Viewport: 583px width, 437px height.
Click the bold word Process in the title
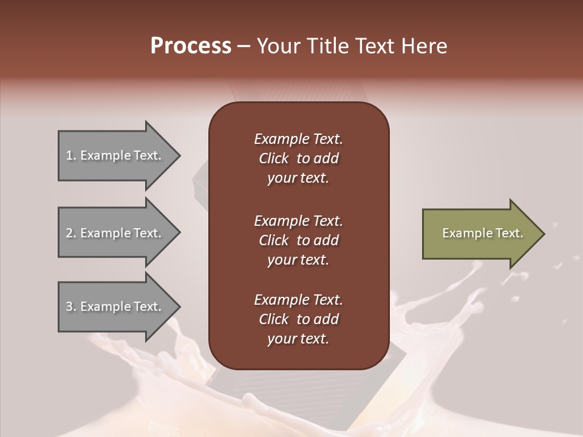[x=191, y=46]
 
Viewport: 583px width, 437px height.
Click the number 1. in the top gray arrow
[x=71, y=155]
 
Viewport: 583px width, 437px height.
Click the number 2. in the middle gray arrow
[x=71, y=233]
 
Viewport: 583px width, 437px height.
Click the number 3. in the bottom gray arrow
[x=71, y=307]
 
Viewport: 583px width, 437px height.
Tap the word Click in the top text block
[x=273, y=158]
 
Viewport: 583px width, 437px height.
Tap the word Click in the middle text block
[x=273, y=240]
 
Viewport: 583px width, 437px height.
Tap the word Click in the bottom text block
[x=273, y=319]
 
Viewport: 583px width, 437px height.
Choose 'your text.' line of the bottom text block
[x=298, y=339]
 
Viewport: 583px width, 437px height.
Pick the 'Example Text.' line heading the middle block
[x=298, y=221]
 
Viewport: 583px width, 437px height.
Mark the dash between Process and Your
[x=244, y=46]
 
